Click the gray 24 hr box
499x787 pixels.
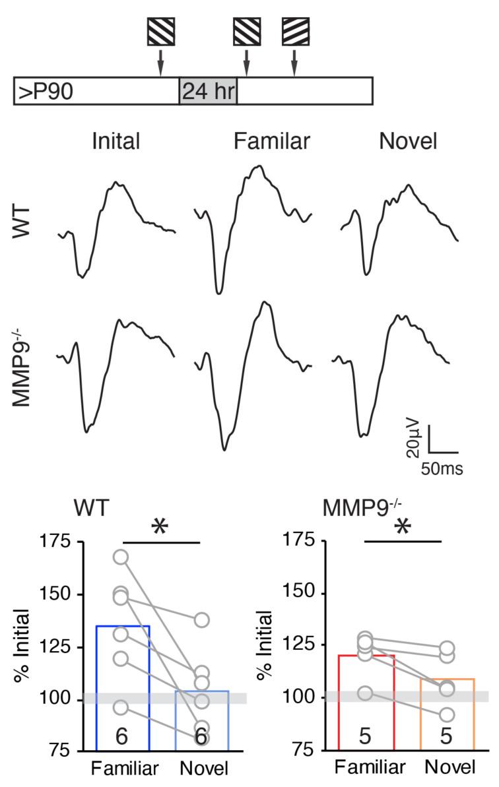tap(208, 90)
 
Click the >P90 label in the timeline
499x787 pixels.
tap(46, 91)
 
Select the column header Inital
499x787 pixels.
tap(117, 141)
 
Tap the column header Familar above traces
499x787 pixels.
tap(271, 141)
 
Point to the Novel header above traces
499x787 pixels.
tap(409, 141)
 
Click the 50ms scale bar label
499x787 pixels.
tap(442, 469)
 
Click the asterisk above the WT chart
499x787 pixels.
tap(159, 528)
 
